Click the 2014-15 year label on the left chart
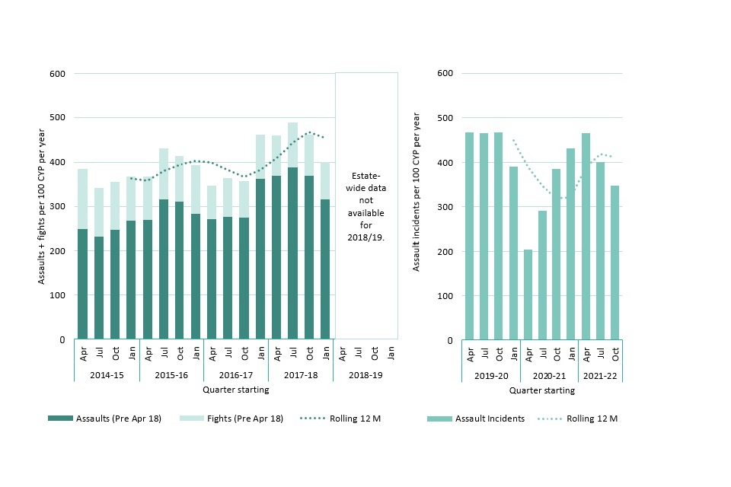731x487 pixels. coord(107,375)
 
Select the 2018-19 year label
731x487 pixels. coord(365,375)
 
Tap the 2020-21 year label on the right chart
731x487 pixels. coord(550,375)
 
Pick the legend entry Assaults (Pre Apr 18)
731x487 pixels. coord(105,419)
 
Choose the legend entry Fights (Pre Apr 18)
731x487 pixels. coord(231,419)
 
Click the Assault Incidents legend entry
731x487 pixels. coord(477,419)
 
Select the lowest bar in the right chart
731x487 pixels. coord(528,294)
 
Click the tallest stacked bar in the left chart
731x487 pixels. coord(292,231)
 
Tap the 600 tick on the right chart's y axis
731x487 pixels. coord(446,73)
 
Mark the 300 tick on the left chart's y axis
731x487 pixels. coord(58,207)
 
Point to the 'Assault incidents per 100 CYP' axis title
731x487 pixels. coord(417,192)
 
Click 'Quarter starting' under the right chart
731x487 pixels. coord(542,390)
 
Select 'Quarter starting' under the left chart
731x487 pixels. coord(235,390)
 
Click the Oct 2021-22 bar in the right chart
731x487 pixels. coord(614,263)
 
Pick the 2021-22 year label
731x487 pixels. coord(601,375)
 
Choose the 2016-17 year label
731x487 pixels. coord(236,375)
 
